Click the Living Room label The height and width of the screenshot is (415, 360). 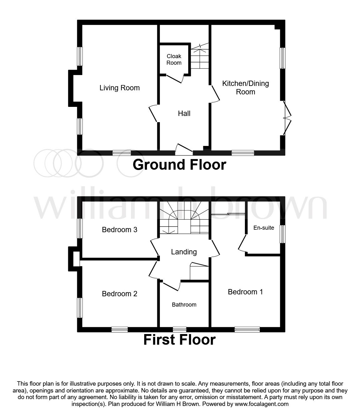(x=119, y=88)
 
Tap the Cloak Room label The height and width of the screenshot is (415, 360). (x=174, y=59)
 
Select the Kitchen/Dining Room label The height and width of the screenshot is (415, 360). (x=246, y=87)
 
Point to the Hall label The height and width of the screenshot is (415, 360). (x=184, y=113)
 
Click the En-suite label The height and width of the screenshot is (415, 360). (x=264, y=228)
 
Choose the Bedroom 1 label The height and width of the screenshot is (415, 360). (x=245, y=292)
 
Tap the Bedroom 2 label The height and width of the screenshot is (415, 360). (x=119, y=294)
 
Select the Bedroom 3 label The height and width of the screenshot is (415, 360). (x=119, y=230)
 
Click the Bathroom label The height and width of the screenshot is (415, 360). (x=184, y=305)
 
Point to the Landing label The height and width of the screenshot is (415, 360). (x=184, y=252)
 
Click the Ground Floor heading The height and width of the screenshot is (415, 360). (x=179, y=165)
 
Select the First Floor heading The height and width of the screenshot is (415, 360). (x=179, y=340)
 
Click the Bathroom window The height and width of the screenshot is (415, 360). (x=180, y=329)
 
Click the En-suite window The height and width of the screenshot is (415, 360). (x=282, y=234)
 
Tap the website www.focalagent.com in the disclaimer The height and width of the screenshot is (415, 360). (x=261, y=404)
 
